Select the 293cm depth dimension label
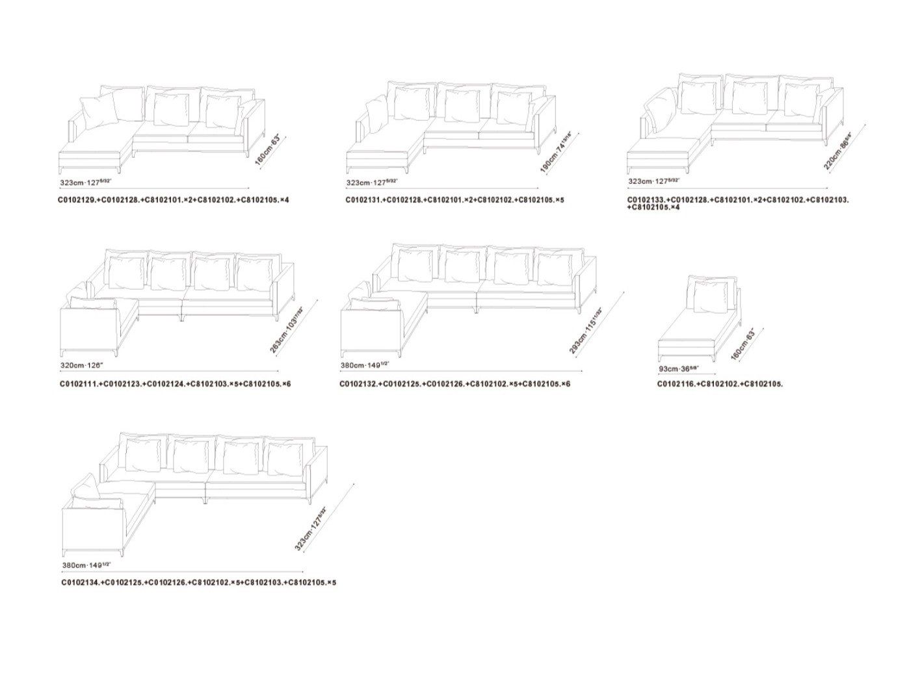pyautogui.click(x=586, y=331)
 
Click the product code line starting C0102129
pyautogui.click(x=173, y=200)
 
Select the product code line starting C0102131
pyautogui.click(x=454, y=200)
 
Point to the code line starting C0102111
pyautogui.click(x=175, y=384)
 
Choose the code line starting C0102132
pyautogui.click(x=454, y=384)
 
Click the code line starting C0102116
pyautogui.click(x=720, y=384)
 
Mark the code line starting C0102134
pyautogui.click(x=198, y=583)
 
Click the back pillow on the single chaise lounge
pyautogui.click(x=710, y=296)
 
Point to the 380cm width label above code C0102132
pyautogui.click(x=364, y=366)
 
